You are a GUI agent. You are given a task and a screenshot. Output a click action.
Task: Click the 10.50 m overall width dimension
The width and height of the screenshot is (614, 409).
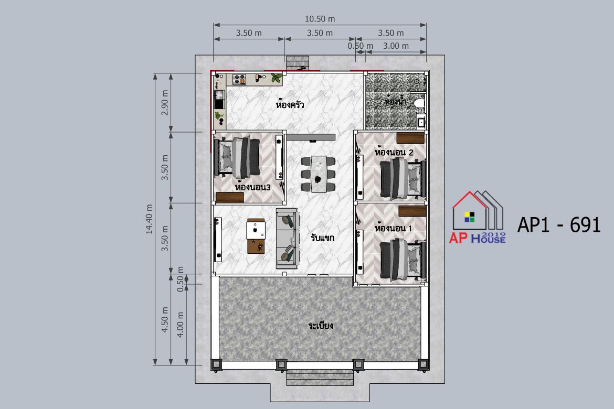tap(320, 19)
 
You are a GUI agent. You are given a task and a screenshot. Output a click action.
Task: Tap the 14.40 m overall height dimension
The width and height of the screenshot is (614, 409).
tap(149, 219)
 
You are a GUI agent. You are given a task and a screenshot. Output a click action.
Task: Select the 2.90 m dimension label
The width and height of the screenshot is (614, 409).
tap(165, 103)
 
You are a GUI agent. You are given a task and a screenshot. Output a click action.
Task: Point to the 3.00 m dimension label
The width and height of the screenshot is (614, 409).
tap(396, 46)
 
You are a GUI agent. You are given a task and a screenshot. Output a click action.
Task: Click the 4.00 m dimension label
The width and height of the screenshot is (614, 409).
tap(180, 325)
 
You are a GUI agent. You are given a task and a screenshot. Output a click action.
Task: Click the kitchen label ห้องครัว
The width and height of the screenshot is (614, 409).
tap(290, 104)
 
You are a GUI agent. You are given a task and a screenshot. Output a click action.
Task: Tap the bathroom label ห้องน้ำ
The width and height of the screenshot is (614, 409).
tap(396, 101)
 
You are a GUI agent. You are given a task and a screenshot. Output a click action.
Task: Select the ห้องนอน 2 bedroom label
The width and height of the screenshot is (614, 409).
tap(394, 152)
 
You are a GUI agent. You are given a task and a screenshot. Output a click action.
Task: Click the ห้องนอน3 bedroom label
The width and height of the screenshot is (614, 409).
tap(252, 187)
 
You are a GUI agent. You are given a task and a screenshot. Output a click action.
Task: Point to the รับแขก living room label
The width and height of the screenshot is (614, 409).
tap(323, 237)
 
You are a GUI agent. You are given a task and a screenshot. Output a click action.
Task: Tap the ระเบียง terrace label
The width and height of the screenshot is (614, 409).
tap(321, 325)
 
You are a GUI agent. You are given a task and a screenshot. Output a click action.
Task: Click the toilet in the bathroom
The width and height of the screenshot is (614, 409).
tap(418, 103)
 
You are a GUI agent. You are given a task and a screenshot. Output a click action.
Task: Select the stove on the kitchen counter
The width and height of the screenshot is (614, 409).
tap(239, 80)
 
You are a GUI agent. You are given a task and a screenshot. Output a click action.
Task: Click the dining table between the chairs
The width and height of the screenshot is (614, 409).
tap(319, 174)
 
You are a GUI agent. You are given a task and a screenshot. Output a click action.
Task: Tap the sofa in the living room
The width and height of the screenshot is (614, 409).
tap(288, 239)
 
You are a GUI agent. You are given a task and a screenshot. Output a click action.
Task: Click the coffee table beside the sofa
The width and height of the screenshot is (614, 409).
tap(257, 236)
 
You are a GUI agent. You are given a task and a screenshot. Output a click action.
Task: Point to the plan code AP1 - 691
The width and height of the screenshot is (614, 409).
tap(559, 225)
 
